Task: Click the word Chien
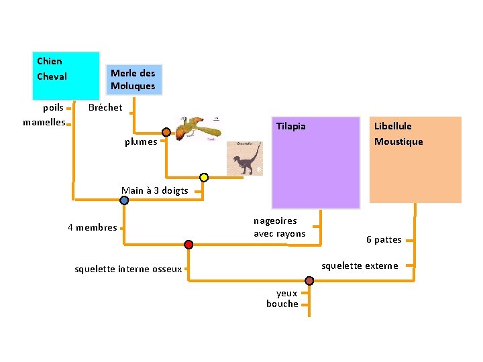pos(49,62)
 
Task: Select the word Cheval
pos(52,76)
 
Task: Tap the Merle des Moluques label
pos(133,80)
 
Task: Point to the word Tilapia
pos(291,126)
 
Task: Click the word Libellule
pos(393,126)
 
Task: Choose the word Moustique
pos(398,141)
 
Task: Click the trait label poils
pos(53,107)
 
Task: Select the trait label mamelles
pos(44,122)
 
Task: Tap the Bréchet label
pos(105,107)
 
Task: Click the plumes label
pos(141,141)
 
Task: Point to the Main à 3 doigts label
pos(154,190)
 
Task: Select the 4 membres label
pos(93,227)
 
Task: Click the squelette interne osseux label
pos(128,269)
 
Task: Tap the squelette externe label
pos(360,266)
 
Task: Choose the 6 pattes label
pos(384,239)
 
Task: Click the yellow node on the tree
pos(204,177)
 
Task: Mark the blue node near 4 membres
pos(125,200)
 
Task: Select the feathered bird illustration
pos(197,129)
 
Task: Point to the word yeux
pos(286,293)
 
